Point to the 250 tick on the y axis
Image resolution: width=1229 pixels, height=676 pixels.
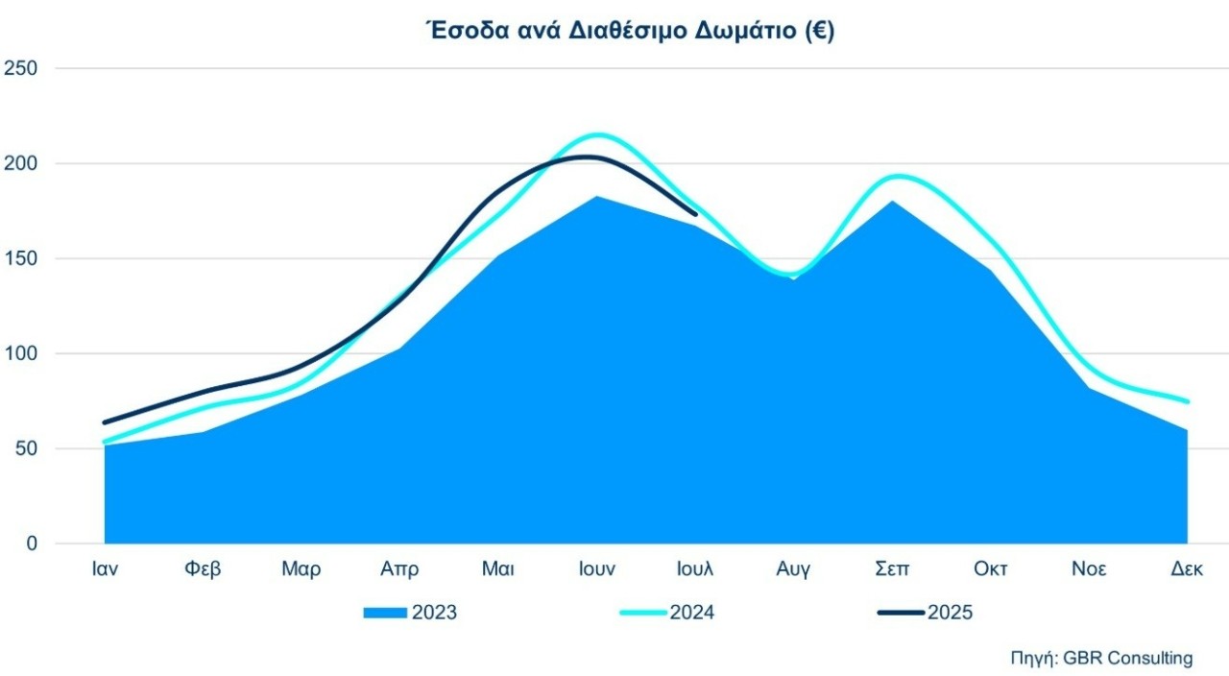[20, 69]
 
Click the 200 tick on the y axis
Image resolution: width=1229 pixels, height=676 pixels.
[20, 164]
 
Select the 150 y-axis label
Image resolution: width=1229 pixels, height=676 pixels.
[20, 259]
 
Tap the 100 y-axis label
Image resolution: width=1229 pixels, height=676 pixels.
[20, 354]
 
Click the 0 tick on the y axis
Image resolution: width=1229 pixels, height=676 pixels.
[31, 544]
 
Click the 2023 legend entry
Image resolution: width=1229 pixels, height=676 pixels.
[411, 613]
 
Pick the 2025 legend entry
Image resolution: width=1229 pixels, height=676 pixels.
[926, 613]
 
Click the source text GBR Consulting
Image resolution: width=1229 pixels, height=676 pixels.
[1101, 659]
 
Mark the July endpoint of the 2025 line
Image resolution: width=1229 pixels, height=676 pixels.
[695, 214]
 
